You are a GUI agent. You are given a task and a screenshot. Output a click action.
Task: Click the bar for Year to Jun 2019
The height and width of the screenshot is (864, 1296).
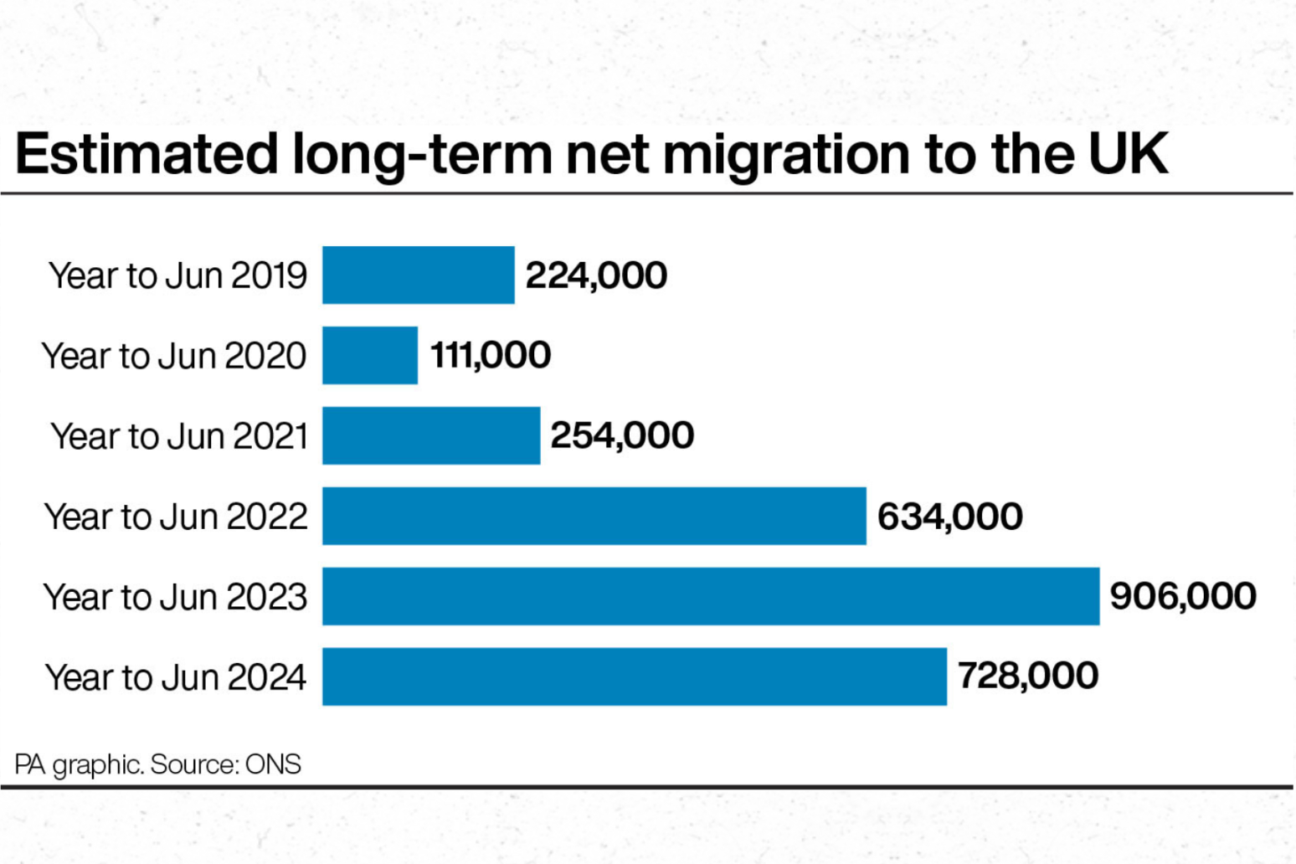tap(418, 275)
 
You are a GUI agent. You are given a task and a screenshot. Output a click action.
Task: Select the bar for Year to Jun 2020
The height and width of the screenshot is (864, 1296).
tap(369, 355)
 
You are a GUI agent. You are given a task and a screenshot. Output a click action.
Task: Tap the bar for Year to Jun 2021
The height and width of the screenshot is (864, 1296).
tap(430, 435)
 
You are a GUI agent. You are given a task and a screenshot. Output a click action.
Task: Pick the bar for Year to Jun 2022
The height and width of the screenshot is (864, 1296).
tap(594, 516)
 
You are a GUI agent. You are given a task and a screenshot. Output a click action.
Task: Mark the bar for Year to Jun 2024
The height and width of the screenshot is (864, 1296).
tap(634, 676)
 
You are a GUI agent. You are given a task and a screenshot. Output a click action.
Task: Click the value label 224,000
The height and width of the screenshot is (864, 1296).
tap(596, 275)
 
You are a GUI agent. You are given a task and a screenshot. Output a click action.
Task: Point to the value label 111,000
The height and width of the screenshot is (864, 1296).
tap(491, 355)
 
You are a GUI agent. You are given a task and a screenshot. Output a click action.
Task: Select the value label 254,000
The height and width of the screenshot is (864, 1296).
tap(622, 435)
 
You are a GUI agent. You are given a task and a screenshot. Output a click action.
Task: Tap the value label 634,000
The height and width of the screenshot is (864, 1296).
tap(949, 516)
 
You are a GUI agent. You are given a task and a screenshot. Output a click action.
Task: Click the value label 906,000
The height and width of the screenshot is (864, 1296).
tap(1182, 596)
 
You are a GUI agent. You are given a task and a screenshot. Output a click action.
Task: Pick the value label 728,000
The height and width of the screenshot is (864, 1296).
tap(1027, 676)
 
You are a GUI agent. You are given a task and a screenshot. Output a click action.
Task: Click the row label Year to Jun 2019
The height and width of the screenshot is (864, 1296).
tap(177, 275)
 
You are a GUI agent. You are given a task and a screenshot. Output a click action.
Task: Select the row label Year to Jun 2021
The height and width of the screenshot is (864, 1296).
tap(179, 436)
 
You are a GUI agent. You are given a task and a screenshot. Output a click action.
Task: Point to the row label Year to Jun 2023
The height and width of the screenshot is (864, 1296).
tap(175, 597)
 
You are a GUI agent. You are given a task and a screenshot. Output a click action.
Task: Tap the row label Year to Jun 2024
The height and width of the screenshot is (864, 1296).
tap(175, 677)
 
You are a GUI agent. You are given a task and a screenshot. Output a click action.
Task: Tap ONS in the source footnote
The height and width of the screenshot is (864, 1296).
tap(273, 764)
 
